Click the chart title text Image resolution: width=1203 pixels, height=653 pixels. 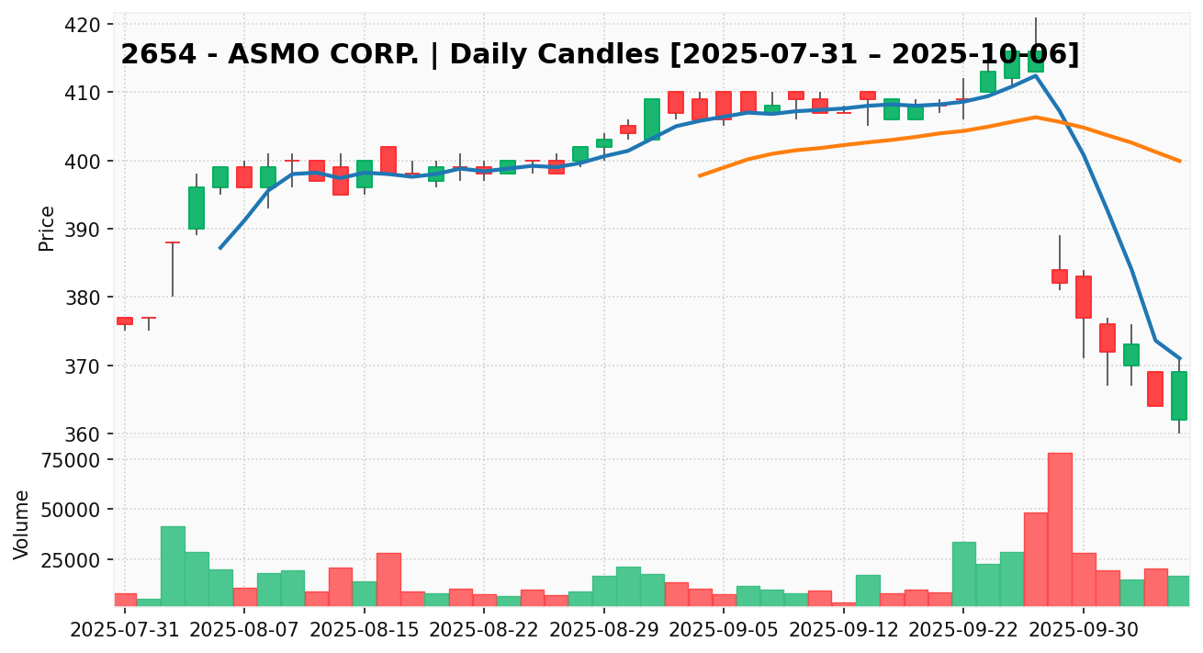coord(600,55)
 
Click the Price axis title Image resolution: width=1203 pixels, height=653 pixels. coord(47,228)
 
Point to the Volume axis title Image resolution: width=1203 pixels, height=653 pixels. coord(22,524)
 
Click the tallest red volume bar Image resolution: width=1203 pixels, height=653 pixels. coord(1060,529)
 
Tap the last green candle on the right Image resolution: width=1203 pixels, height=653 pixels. coord(1179,396)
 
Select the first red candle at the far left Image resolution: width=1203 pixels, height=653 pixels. coord(125,321)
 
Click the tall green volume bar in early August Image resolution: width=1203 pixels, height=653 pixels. coord(173,566)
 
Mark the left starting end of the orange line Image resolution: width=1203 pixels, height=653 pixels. coord(700,175)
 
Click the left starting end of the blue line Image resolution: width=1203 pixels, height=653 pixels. coord(220,248)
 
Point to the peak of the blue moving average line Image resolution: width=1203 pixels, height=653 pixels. coord(1036,75)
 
